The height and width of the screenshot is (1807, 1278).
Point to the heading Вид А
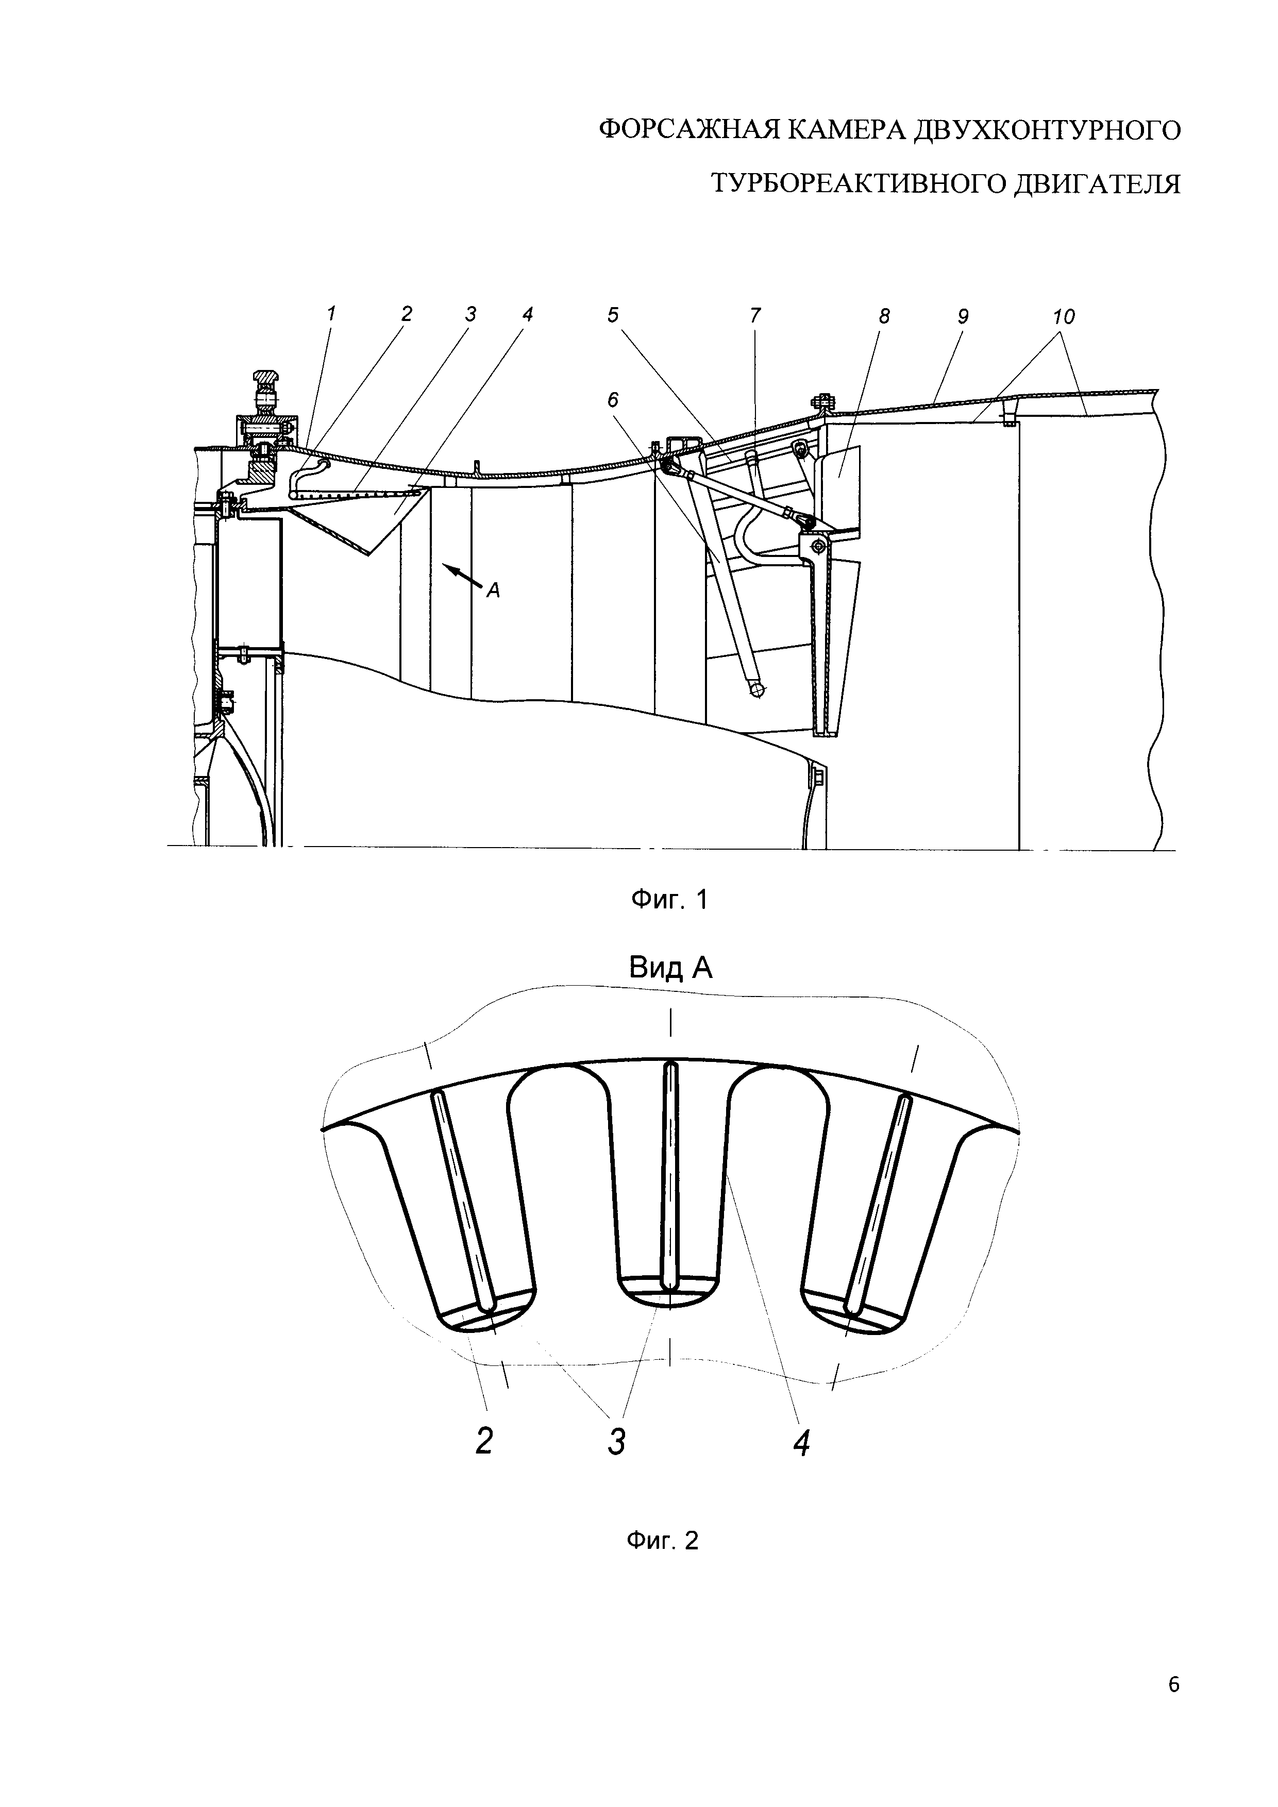670,967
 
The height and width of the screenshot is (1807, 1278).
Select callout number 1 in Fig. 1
331,313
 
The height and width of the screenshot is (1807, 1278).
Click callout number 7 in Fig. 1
755,316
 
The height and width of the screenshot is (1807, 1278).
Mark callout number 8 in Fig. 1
884,316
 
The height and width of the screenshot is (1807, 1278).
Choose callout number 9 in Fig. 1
963,316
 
